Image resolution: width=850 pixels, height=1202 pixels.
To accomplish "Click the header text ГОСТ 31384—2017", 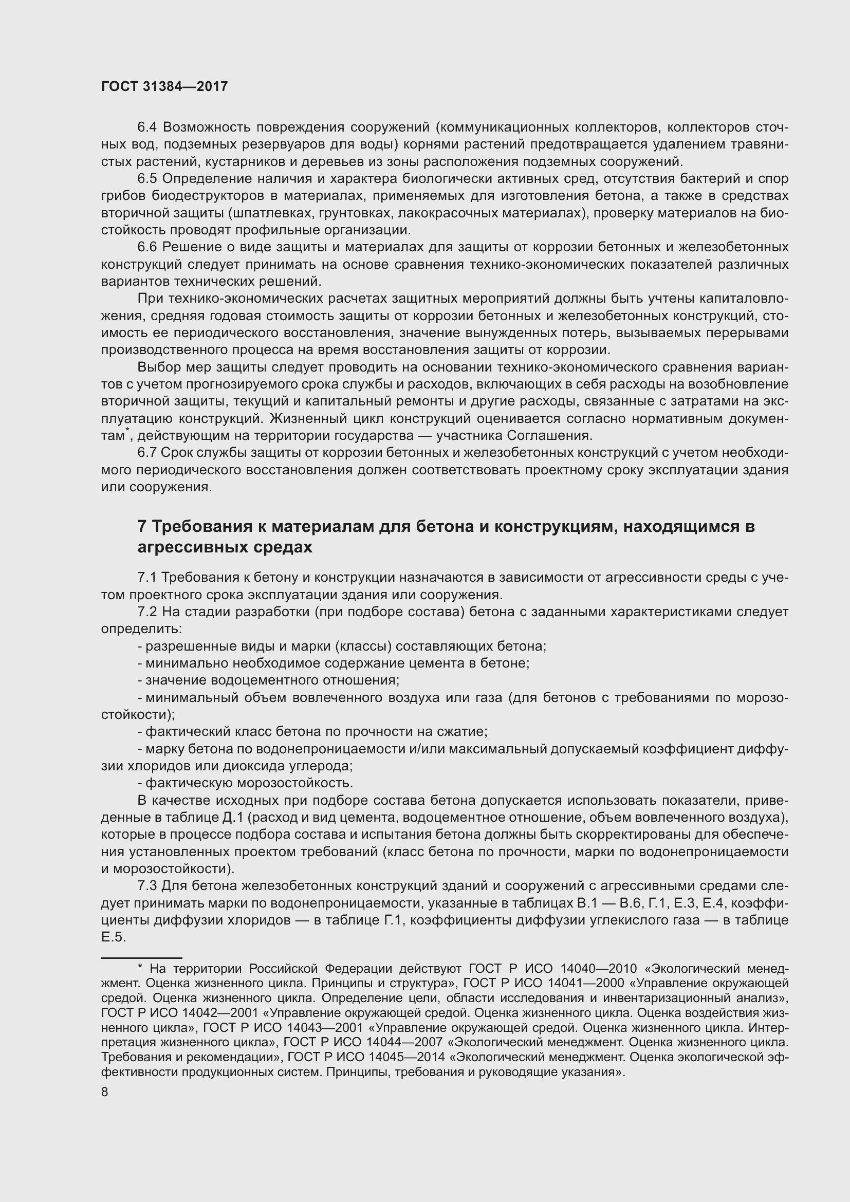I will point(164,87).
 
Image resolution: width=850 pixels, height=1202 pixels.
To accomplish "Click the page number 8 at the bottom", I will point(105,1092).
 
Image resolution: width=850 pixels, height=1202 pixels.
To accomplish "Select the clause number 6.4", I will point(147,127).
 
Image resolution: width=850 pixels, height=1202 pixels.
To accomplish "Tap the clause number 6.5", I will point(147,179).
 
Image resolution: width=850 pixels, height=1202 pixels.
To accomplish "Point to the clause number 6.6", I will point(147,247).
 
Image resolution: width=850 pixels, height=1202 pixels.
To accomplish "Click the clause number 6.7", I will point(147,453).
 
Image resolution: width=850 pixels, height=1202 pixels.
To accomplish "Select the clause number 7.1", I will point(147,578).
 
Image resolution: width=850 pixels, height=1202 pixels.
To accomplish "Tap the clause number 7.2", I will point(147,612).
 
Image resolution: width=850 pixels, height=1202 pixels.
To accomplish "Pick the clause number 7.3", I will point(147,886).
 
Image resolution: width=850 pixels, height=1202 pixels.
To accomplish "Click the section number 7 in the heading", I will point(141,527).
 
